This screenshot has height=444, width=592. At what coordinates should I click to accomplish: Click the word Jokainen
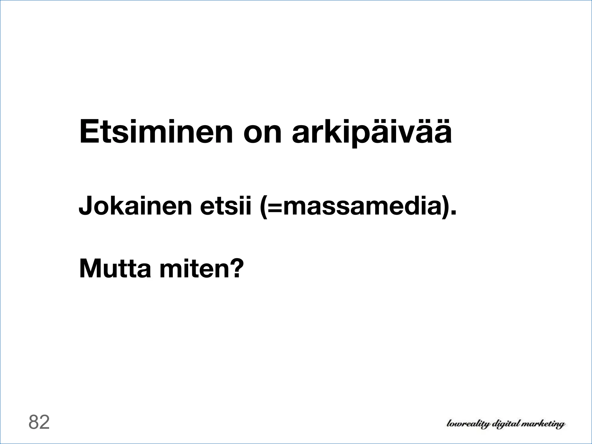135,206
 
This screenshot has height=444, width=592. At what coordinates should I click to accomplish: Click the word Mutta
115,268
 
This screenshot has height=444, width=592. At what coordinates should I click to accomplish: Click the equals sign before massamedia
275,207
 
